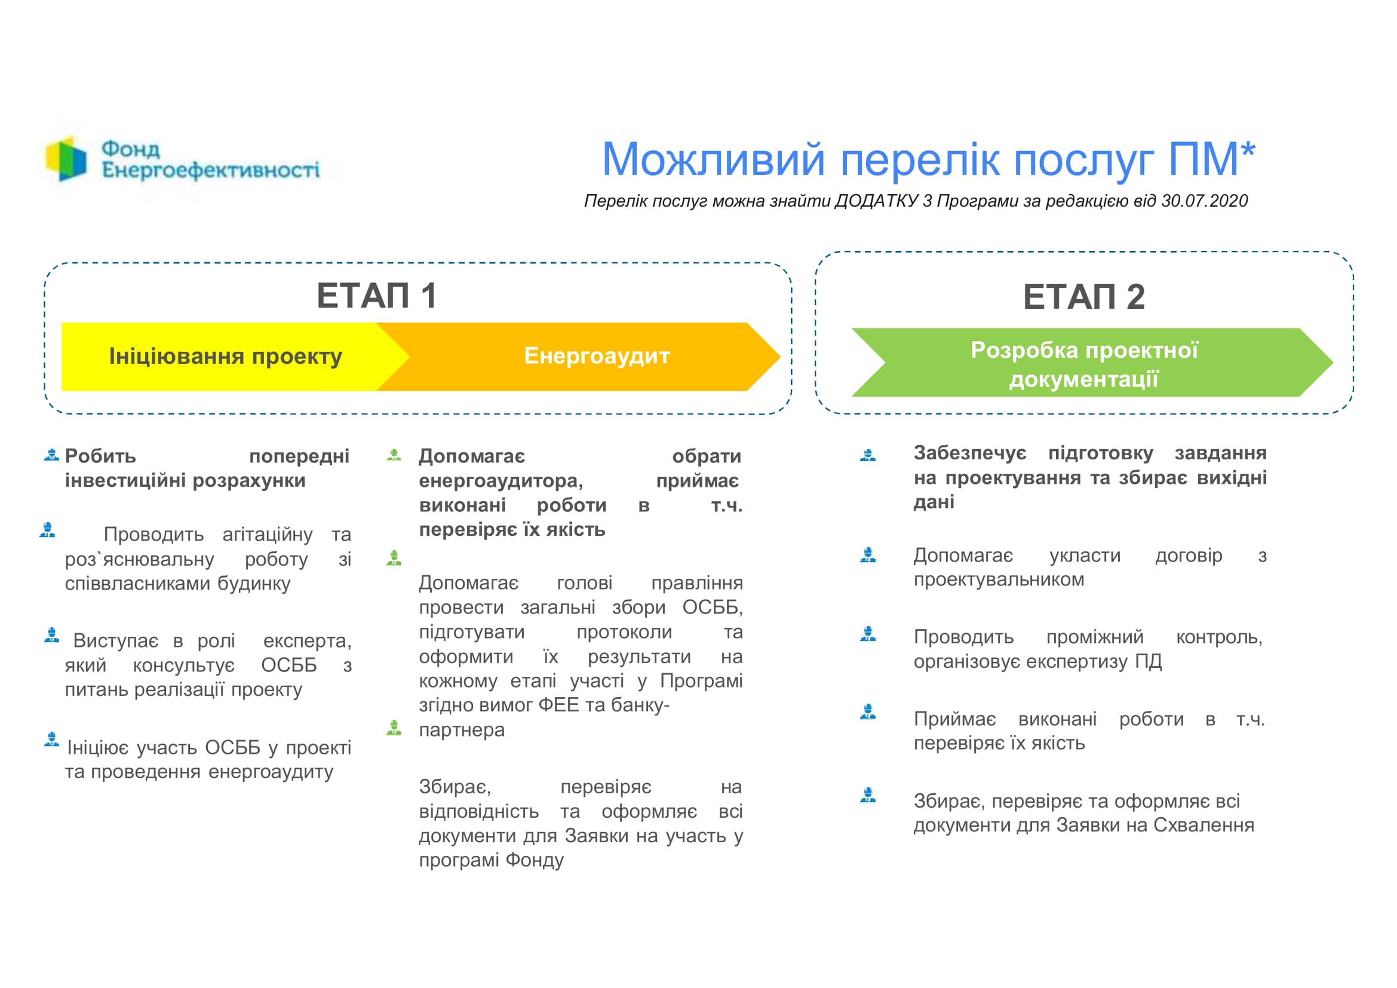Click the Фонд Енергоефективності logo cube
tap(66, 159)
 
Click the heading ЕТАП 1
tap(377, 296)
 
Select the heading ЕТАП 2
tap(1083, 297)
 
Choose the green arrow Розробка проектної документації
tap(1092, 363)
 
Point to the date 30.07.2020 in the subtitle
tap(1204, 201)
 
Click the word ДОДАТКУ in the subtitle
tap(876, 201)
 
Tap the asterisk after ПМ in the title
tap(1248, 149)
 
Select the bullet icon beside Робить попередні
tap(52, 455)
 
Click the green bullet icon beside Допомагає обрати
tap(394, 455)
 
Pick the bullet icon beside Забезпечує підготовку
tap(868, 455)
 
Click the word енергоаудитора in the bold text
tap(501, 481)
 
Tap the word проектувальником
tap(999, 580)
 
